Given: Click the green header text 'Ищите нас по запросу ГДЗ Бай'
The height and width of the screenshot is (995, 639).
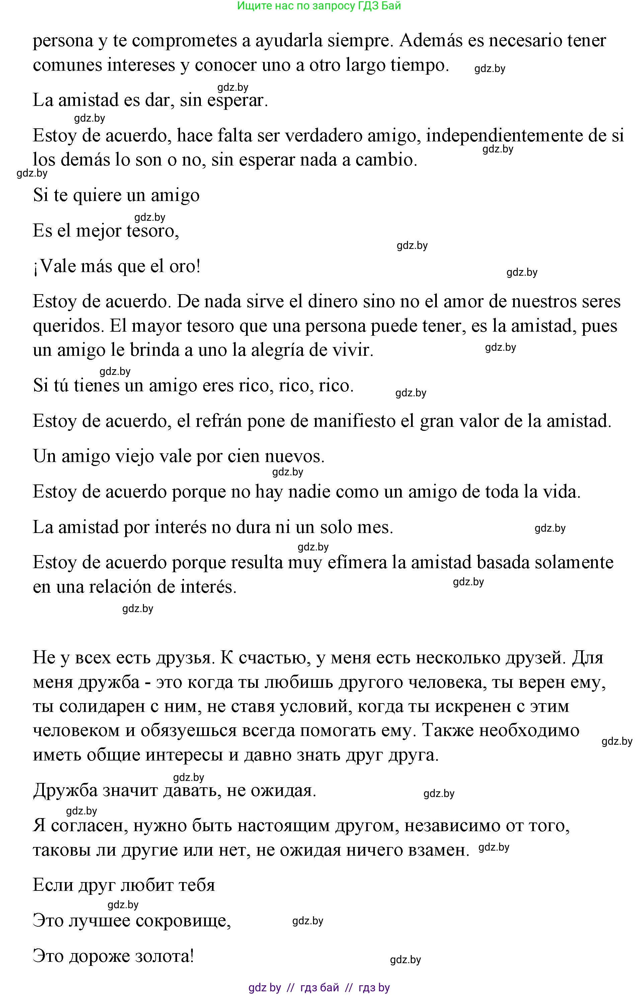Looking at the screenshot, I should point(319,6).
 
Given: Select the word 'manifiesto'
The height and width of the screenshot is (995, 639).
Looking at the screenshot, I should point(353,421).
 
